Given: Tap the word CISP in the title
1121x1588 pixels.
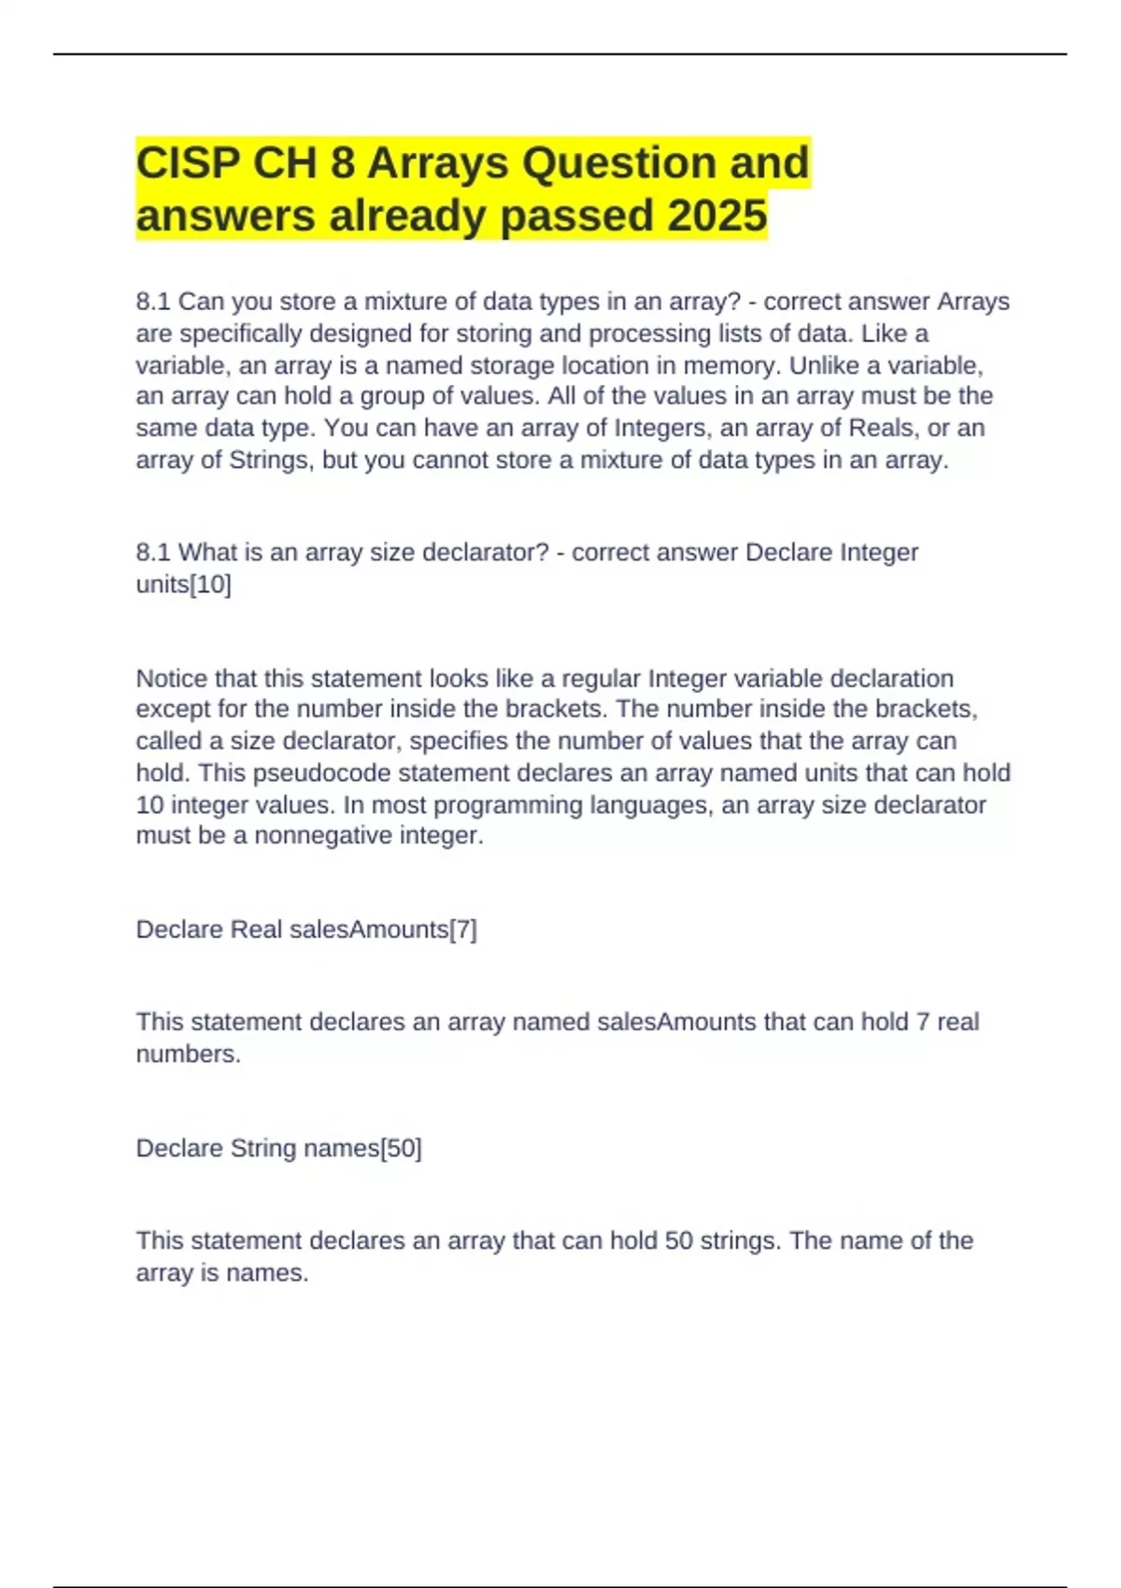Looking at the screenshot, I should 187,163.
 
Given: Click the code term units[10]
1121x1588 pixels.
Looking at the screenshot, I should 183,585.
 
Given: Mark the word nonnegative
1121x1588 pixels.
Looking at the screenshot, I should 323,835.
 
